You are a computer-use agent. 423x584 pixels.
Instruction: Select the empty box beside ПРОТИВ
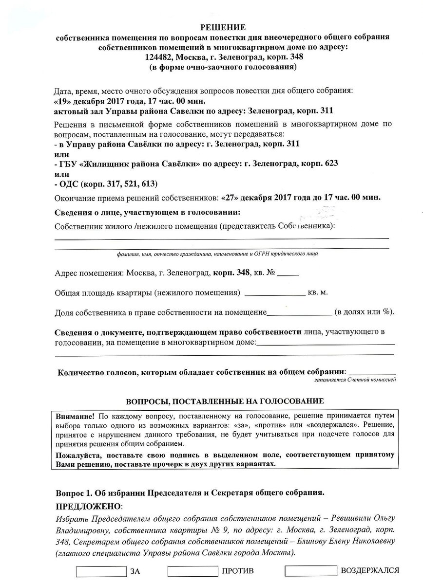[192, 571]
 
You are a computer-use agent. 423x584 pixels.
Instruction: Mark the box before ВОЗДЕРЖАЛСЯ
[310, 571]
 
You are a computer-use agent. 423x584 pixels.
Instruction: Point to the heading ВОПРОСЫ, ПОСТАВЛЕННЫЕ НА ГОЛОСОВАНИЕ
[225, 402]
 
